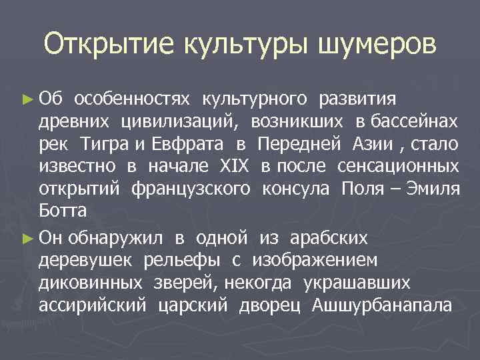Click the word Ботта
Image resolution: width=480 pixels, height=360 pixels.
point(63,211)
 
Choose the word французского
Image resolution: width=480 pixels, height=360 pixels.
point(191,189)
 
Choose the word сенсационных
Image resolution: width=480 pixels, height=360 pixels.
point(398,166)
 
